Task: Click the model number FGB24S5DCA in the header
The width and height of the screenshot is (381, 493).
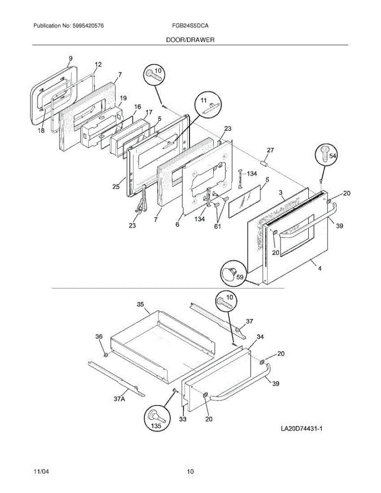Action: point(190,26)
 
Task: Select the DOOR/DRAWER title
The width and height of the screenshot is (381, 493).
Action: point(190,40)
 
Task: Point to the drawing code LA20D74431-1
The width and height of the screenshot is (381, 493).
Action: point(301,429)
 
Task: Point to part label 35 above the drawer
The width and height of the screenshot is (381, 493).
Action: point(140,305)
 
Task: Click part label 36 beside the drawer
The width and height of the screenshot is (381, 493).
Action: point(99,336)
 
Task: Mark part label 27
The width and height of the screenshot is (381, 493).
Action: point(270,151)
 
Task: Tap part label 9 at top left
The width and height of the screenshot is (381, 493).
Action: point(70,58)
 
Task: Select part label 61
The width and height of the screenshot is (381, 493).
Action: point(217,226)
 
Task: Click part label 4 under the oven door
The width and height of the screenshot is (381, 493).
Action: point(319,269)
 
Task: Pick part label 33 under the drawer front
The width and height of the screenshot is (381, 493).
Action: point(182,419)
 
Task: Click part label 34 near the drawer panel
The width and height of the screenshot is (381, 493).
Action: point(260,337)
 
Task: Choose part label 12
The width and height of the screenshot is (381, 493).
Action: point(98,65)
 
